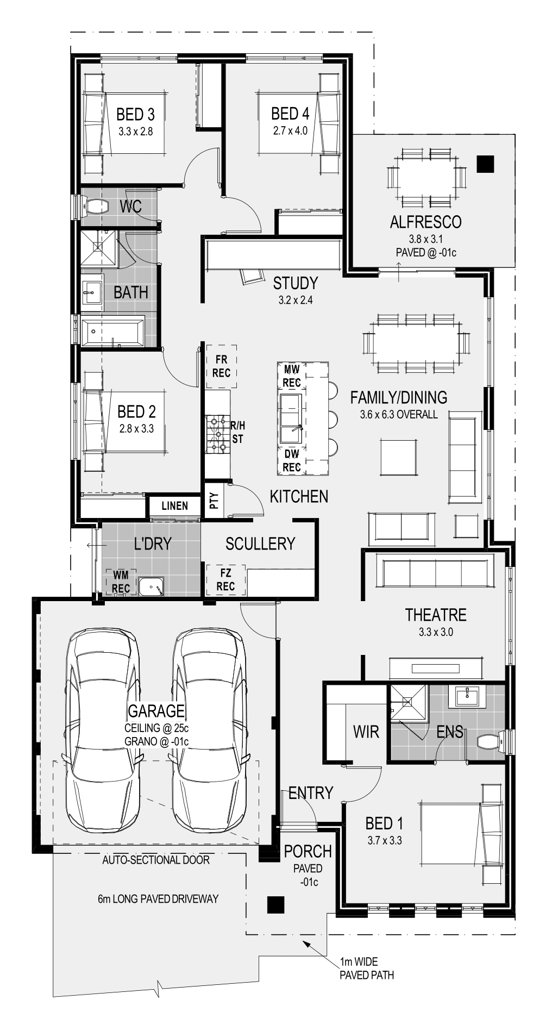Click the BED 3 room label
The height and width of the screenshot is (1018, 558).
[135, 114]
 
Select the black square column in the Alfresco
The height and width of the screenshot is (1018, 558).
[485, 164]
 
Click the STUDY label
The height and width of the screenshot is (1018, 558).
[295, 283]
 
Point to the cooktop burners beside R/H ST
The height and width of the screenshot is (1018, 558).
[217, 434]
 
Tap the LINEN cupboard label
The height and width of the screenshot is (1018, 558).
[175, 506]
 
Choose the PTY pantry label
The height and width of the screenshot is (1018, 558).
[214, 501]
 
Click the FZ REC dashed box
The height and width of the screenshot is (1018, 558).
[225, 579]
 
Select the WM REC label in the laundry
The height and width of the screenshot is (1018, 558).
[121, 582]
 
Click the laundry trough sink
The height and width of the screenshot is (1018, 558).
[151, 587]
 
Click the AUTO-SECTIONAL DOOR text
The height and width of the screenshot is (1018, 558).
[156, 860]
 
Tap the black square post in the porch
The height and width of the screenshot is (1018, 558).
[275, 904]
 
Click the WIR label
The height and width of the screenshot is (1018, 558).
[366, 732]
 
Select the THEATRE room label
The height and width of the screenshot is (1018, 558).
[436, 615]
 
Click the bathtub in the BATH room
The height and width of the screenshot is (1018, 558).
[113, 331]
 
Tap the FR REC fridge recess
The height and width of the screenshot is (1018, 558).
[221, 366]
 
